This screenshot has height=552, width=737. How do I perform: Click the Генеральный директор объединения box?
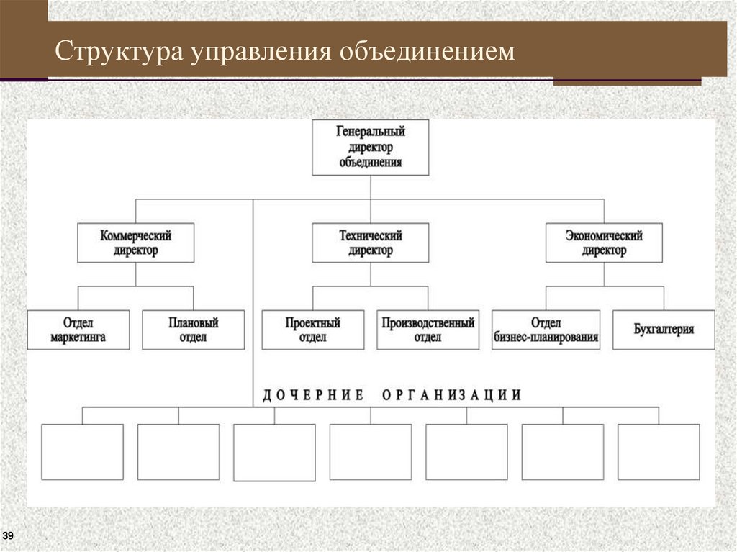click(371, 148)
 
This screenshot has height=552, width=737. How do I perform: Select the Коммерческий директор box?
click(135, 243)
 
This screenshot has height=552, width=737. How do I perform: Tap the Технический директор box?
click(371, 243)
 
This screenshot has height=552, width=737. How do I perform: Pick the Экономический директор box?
click(604, 243)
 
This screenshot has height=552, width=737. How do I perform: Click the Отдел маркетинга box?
click(78, 330)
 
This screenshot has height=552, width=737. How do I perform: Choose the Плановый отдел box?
click(193, 330)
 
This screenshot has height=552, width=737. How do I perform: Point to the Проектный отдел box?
click(312, 330)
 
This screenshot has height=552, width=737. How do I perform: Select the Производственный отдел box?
click(428, 330)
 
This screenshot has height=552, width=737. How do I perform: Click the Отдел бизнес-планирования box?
click(546, 330)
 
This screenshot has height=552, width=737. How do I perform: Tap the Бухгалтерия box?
click(664, 330)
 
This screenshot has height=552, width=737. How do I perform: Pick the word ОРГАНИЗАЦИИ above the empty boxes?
click(451, 395)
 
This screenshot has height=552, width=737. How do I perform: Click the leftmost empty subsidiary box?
click(82, 451)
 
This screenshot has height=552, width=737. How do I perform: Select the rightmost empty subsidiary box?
click(659, 451)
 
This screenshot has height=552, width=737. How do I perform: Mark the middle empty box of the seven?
click(371, 451)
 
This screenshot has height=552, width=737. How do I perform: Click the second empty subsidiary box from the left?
click(178, 451)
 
